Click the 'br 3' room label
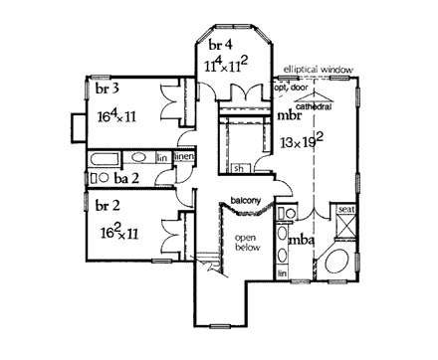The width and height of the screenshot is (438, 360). (x=107, y=90)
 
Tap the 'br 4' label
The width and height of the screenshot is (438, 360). (x=222, y=46)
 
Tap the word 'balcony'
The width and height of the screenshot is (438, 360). (x=245, y=202)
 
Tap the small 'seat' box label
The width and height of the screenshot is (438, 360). (x=347, y=210)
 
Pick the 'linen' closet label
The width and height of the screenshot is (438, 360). (x=183, y=158)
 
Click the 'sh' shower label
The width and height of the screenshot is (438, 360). (x=240, y=168)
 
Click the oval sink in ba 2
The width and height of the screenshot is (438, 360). (x=97, y=177)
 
